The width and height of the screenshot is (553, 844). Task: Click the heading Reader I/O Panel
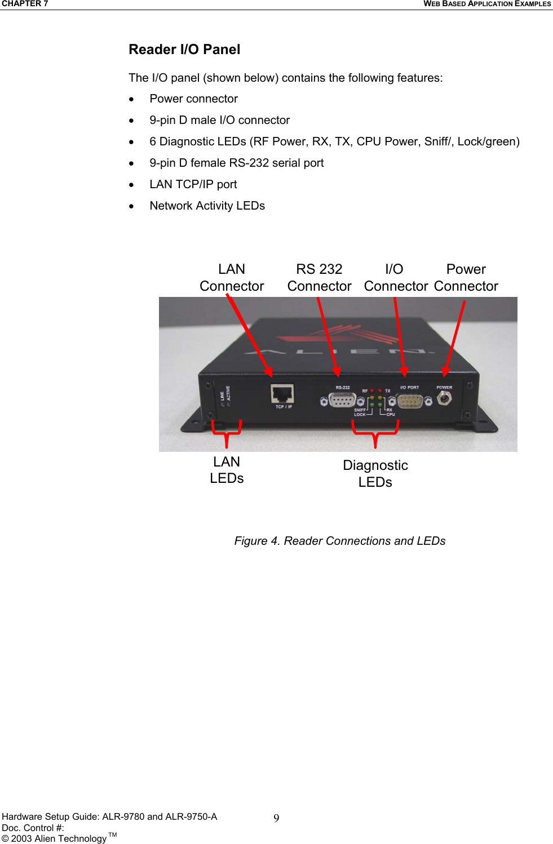pos(184,50)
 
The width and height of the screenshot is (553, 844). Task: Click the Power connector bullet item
pos(193,99)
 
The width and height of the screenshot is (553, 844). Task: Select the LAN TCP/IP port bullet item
pos(193,184)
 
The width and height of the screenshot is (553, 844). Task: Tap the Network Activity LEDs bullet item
pos(207,206)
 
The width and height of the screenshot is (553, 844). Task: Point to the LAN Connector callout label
pos(232,278)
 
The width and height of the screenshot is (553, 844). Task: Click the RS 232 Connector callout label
pos(319,278)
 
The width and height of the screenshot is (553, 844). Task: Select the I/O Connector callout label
pos(395,278)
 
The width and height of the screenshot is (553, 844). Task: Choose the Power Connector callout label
pos(466,278)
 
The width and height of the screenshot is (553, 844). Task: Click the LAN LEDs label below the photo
pos(227,470)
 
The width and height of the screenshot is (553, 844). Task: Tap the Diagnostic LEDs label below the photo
pos(375,473)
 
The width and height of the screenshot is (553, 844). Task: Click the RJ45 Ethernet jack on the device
pos(282,394)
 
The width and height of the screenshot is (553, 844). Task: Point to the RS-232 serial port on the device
pos(342,400)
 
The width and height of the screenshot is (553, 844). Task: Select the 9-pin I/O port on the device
pos(410,401)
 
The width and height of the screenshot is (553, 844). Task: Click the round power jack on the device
pos(444,398)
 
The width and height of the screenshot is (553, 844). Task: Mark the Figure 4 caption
pos(339,541)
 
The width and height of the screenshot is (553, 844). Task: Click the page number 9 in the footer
pos(276,818)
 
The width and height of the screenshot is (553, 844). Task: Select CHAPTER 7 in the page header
pos(25,4)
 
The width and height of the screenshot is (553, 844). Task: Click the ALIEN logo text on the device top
pos(338,352)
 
